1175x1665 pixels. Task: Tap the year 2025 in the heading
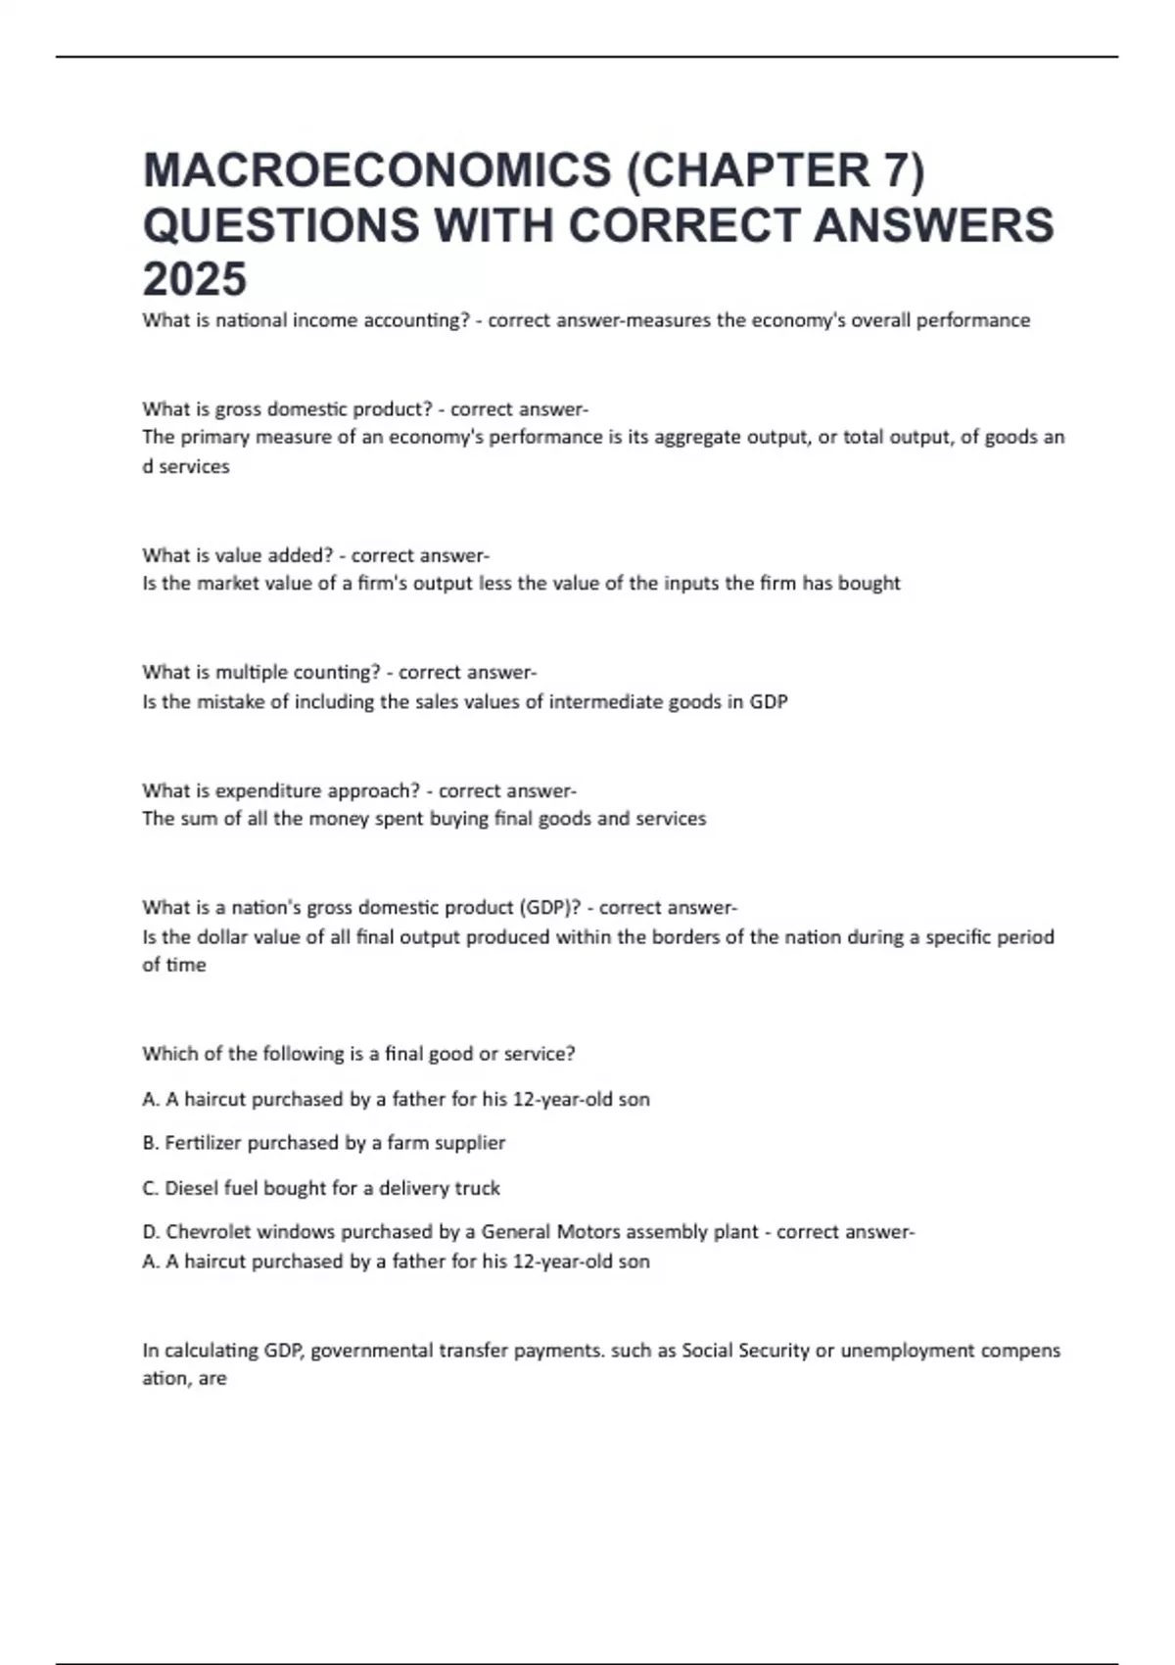[x=194, y=279]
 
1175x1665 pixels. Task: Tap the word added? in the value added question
[x=301, y=555]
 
